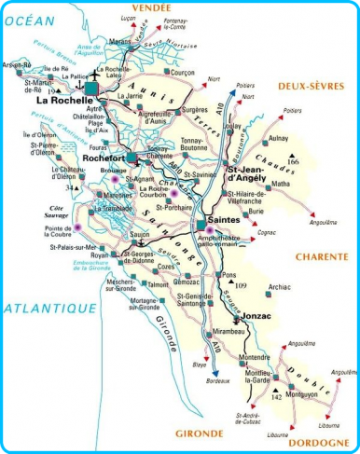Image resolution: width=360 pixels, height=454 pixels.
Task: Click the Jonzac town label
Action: (x=256, y=318)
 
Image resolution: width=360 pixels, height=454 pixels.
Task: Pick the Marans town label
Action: (x=118, y=42)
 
